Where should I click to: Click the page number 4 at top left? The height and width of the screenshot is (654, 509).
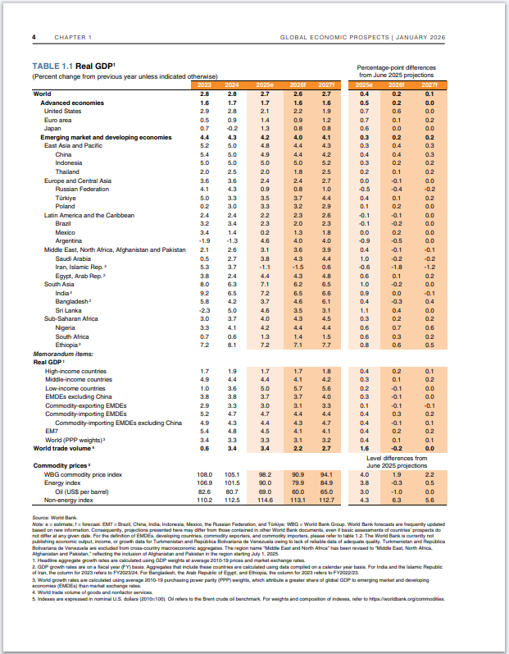(x=34, y=38)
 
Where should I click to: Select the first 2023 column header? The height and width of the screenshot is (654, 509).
(x=204, y=85)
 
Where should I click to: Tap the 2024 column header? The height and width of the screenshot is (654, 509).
(x=232, y=85)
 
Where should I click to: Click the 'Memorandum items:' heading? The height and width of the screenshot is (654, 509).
(x=61, y=354)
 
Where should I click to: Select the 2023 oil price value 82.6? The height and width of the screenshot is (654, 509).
(x=204, y=492)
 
